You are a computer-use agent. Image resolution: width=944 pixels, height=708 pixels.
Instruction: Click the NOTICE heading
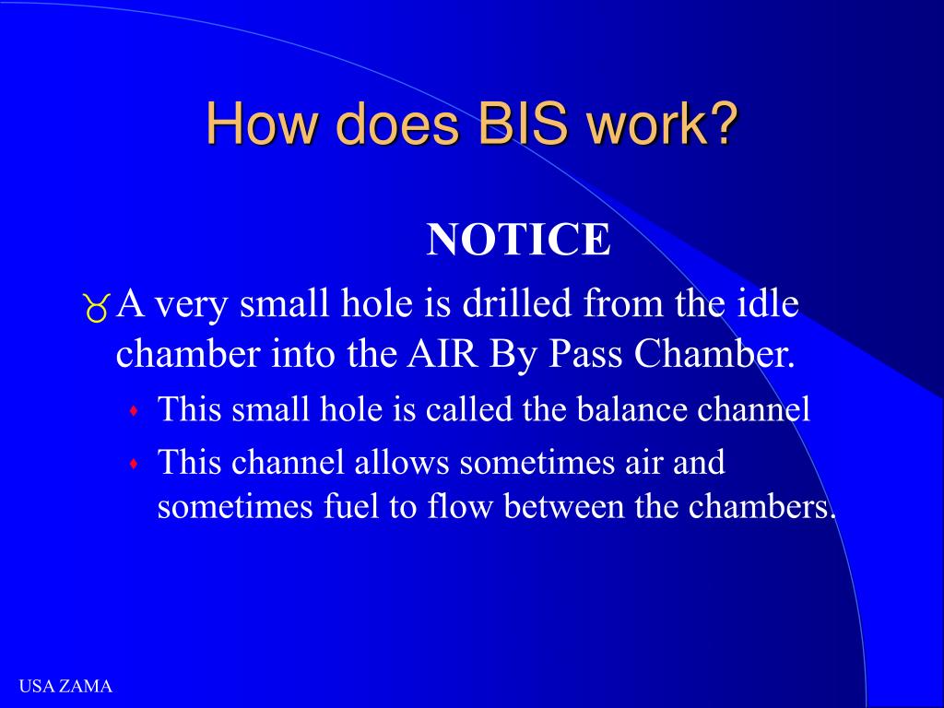[519, 241]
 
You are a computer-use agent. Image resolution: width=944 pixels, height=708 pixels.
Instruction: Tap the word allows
[405, 462]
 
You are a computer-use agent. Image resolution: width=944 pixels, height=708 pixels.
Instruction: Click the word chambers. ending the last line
[763, 507]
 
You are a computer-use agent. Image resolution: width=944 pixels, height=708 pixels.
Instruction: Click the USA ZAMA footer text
[65, 687]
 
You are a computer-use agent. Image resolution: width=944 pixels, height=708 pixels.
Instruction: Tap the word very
[192, 305]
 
